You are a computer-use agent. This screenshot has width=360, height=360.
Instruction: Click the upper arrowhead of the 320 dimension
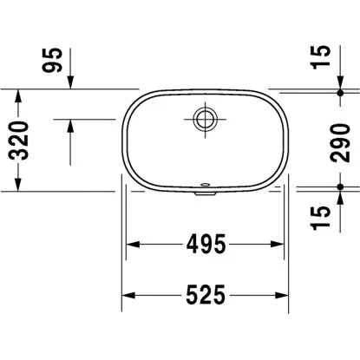pos(18,94)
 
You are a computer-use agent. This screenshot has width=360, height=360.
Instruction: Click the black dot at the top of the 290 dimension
pos(341,91)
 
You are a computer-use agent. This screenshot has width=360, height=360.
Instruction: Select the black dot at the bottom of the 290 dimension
pos(341,187)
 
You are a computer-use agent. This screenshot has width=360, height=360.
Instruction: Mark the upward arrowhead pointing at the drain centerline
pos(69,124)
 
